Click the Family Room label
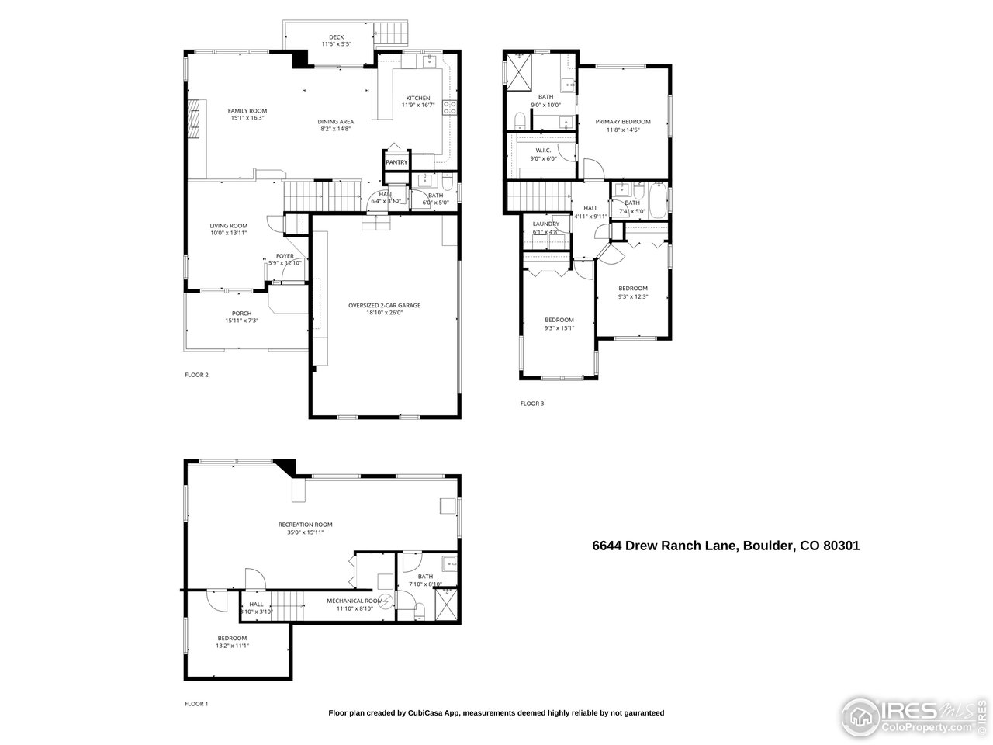click(247, 111)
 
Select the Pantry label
click(396, 162)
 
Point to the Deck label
click(336, 36)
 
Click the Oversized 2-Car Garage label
click(384, 305)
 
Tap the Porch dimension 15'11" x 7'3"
click(241, 321)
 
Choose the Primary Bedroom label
click(622, 122)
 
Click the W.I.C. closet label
click(542, 150)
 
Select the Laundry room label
click(545, 223)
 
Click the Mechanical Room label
click(355, 601)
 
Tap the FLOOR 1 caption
click(196, 704)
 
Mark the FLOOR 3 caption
click(531, 404)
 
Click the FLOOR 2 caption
click(196, 375)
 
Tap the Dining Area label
click(336, 121)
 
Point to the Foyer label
click(285, 255)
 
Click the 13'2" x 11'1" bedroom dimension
click(232, 645)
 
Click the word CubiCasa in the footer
click(427, 712)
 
